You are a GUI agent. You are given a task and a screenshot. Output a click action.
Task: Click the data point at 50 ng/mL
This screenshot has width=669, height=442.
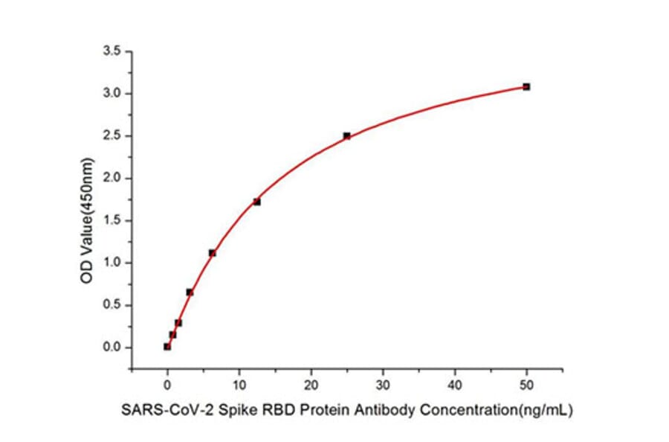(x=526, y=87)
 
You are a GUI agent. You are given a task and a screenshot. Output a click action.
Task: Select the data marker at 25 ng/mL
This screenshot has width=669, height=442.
(x=346, y=136)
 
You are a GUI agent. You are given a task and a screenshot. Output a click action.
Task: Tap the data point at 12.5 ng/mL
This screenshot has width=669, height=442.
(x=256, y=202)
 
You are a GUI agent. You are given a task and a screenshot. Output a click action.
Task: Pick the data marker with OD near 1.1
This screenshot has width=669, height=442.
(x=212, y=253)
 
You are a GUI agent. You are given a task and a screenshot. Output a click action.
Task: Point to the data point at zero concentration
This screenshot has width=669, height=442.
(x=167, y=347)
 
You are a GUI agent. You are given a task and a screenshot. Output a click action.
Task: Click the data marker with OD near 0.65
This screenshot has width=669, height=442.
(x=190, y=292)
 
